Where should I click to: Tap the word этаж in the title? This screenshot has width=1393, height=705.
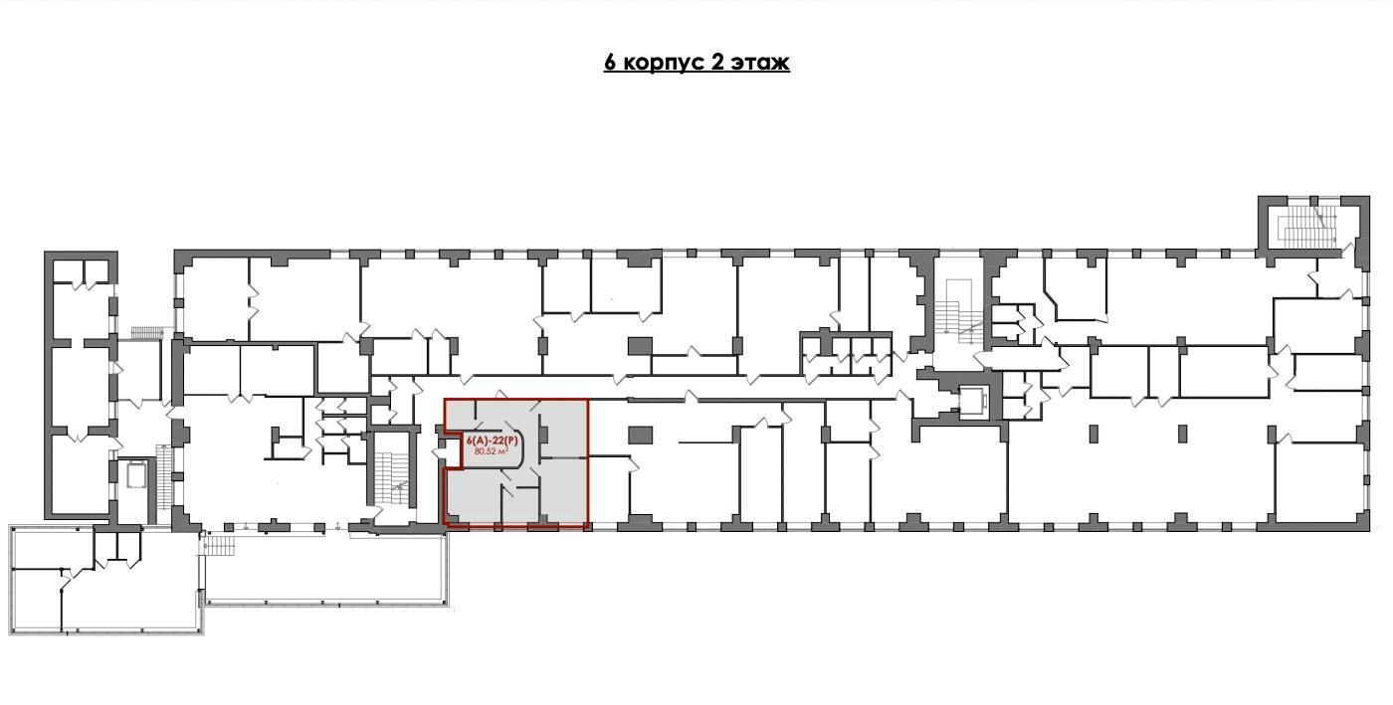(x=760, y=63)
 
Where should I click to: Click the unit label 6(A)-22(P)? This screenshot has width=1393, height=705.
(x=492, y=441)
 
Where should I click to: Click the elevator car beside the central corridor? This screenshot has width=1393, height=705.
(x=973, y=402)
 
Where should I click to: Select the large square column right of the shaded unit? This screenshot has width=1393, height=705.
(x=640, y=435)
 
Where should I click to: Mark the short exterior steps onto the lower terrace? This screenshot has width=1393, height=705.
(x=218, y=547)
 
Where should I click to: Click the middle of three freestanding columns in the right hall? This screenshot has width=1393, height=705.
(x=1182, y=434)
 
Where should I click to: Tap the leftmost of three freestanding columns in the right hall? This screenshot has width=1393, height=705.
(x=1094, y=434)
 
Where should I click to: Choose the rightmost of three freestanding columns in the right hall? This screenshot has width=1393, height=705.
(x=1272, y=434)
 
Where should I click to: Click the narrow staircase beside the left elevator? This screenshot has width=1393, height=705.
(x=163, y=475)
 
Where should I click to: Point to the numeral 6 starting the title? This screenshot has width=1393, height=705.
(x=610, y=63)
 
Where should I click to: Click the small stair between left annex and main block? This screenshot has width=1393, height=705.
(x=146, y=333)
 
